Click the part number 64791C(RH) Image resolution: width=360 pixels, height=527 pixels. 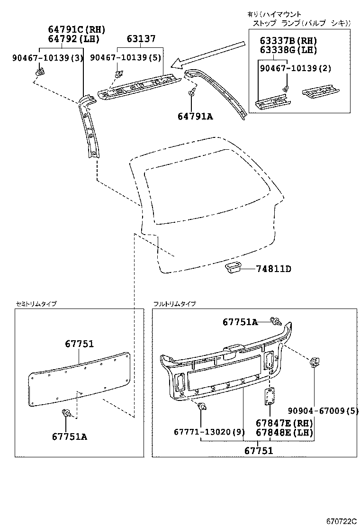[76, 29]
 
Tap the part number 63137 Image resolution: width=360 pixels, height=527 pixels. [141, 39]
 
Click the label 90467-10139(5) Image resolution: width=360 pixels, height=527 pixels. [125, 58]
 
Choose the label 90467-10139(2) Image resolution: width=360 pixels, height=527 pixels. [295, 69]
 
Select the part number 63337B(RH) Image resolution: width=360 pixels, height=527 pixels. [288, 41]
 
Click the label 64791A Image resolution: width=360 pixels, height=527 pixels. [195, 115]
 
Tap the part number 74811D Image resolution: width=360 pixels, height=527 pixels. [273, 269]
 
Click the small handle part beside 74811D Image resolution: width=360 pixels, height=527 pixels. [232, 268]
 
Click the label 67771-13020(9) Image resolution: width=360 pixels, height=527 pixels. [202, 432]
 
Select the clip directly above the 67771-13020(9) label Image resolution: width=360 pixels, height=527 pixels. [202, 407]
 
